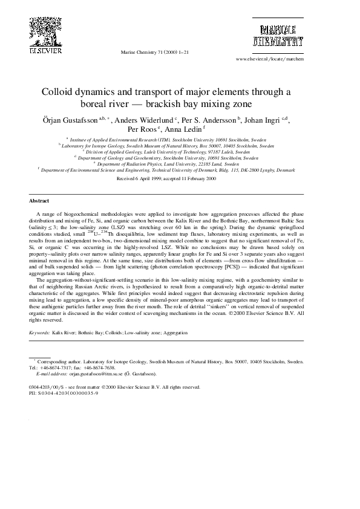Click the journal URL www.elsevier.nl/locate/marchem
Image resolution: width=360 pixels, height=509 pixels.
tap(269, 60)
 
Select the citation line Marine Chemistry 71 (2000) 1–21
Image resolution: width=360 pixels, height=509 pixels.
tap(155, 53)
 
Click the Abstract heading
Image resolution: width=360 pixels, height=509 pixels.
tap(39, 201)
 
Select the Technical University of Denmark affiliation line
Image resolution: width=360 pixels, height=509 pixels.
tap(166, 170)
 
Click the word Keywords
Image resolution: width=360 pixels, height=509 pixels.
tap(40, 332)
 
